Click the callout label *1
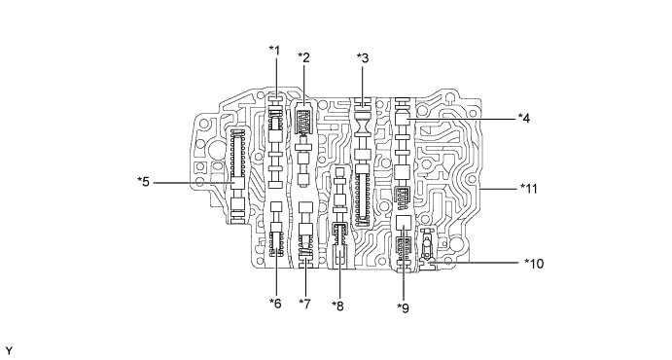tap(274, 51)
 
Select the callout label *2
tap(303, 57)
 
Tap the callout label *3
tap(363, 57)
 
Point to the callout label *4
tap(524, 118)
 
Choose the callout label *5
tap(144, 182)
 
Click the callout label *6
tap(275, 303)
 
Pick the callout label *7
tap(304, 304)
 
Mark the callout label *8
tap(337, 306)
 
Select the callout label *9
tap(403, 307)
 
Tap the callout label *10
tap(534, 263)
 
